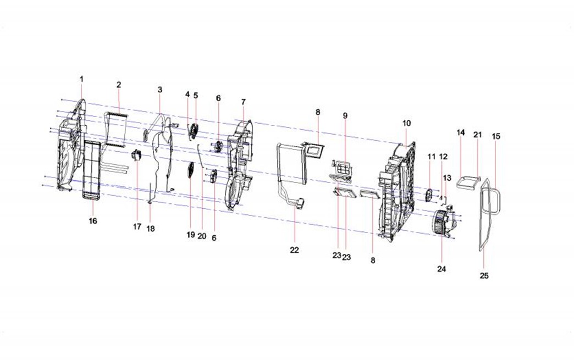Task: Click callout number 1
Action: pos(81,79)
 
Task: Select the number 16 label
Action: pos(93,221)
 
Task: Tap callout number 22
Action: pos(294,250)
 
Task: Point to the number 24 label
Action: pos(442,269)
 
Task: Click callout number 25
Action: pos(484,276)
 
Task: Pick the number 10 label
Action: pos(407,123)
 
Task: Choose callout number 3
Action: pos(159,90)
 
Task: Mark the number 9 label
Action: pos(345,115)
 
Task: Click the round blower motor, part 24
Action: pos(444,221)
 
